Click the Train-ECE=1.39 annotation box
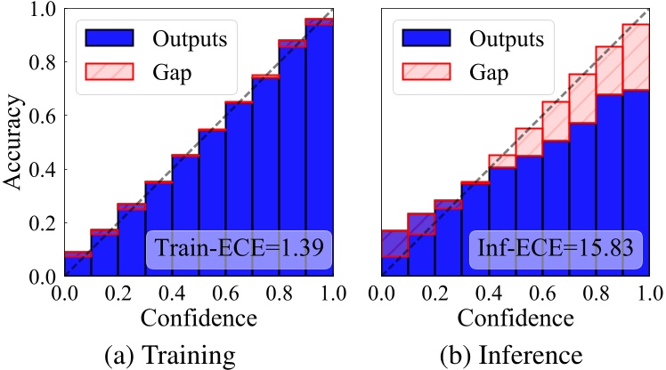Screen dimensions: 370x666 pos(239,245)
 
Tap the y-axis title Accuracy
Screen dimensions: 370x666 pos(16,142)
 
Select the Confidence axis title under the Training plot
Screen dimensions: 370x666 pos(198,317)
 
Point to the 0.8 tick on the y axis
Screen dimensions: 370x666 pos(42,62)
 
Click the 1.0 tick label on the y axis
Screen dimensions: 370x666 pos(42,10)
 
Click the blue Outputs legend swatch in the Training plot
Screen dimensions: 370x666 pos(109,39)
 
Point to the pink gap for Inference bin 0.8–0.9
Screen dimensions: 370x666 pos(608,70)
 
